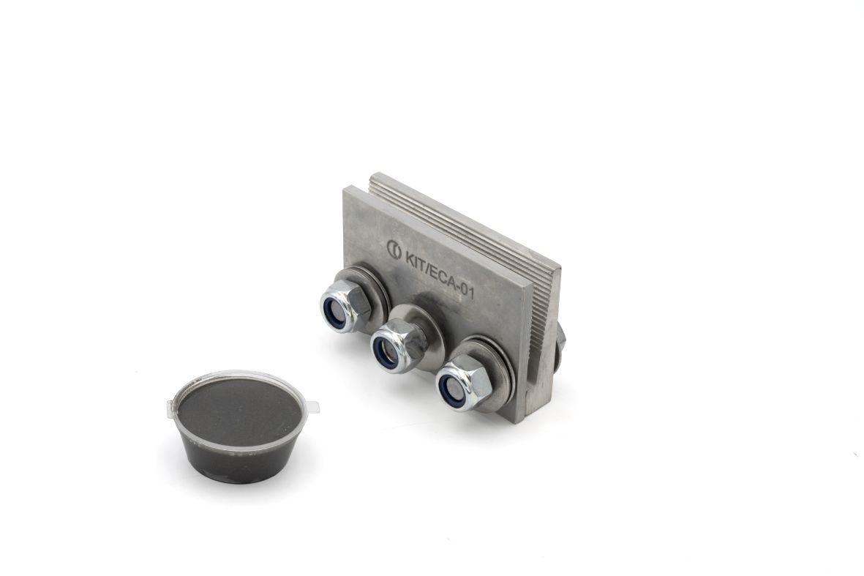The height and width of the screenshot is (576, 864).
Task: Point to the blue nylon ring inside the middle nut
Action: point(385,350)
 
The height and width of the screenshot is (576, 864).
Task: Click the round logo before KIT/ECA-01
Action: point(394,250)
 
